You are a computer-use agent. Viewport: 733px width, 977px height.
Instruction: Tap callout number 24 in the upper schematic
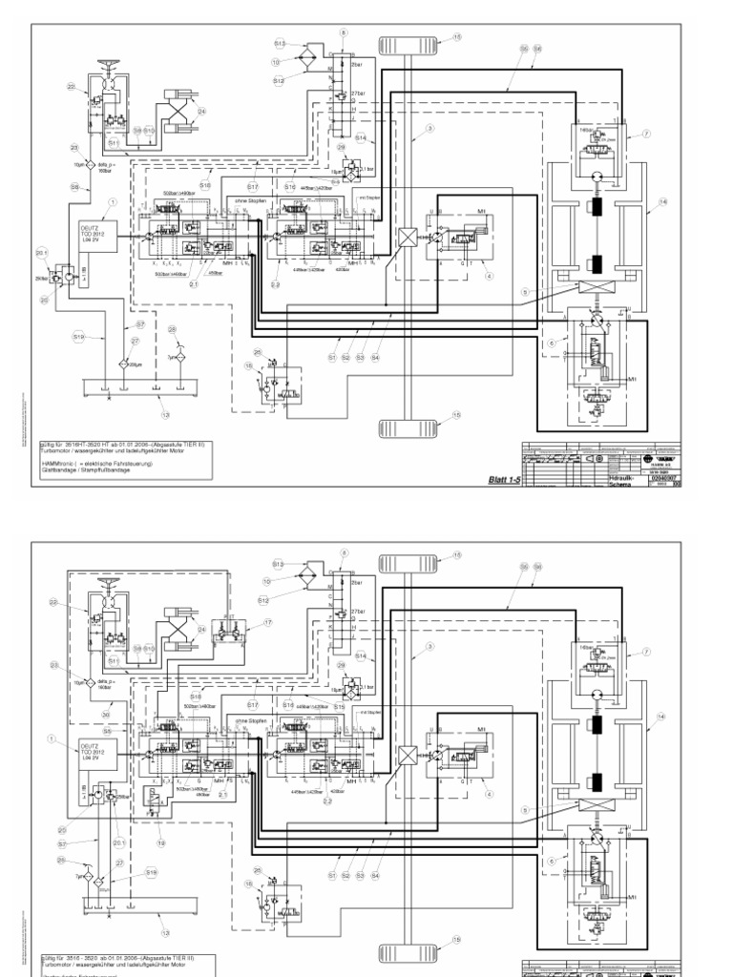[x=201, y=112]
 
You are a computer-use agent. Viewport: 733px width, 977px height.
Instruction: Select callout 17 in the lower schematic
[x=268, y=621]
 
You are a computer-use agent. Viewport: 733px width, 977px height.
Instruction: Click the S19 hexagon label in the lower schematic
[x=151, y=872]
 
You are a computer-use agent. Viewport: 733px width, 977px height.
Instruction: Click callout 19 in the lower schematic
[x=162, y=843]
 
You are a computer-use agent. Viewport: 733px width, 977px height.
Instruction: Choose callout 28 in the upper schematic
[x=173, y=330]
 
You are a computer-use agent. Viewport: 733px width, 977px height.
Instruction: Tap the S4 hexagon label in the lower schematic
[x=375, y=874]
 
